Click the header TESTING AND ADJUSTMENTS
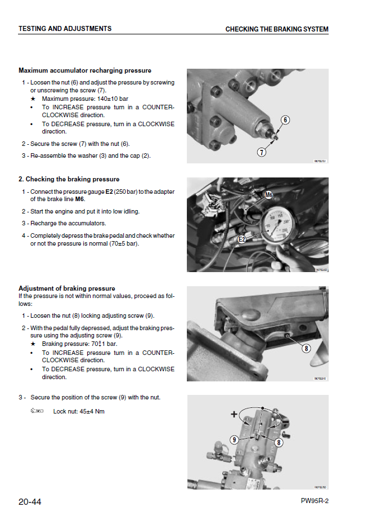click(x=65, y=29)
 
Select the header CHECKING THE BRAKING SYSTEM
click(x=277, y=29)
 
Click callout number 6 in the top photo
click(x=285, y=119)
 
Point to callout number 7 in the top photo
click(x=262, y=152)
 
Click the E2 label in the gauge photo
click(x=243, y=239)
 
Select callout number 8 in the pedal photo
click(x=307, y=348)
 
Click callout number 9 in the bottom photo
click(x=234, y=439)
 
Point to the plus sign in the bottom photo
click(x=234, y=414)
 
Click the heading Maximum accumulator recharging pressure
click(x=85, y=70)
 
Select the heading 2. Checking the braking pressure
click(x=69, y=179)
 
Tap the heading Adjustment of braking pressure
click(x=67, y=288)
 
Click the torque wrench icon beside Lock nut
click(x=37, y=411)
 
